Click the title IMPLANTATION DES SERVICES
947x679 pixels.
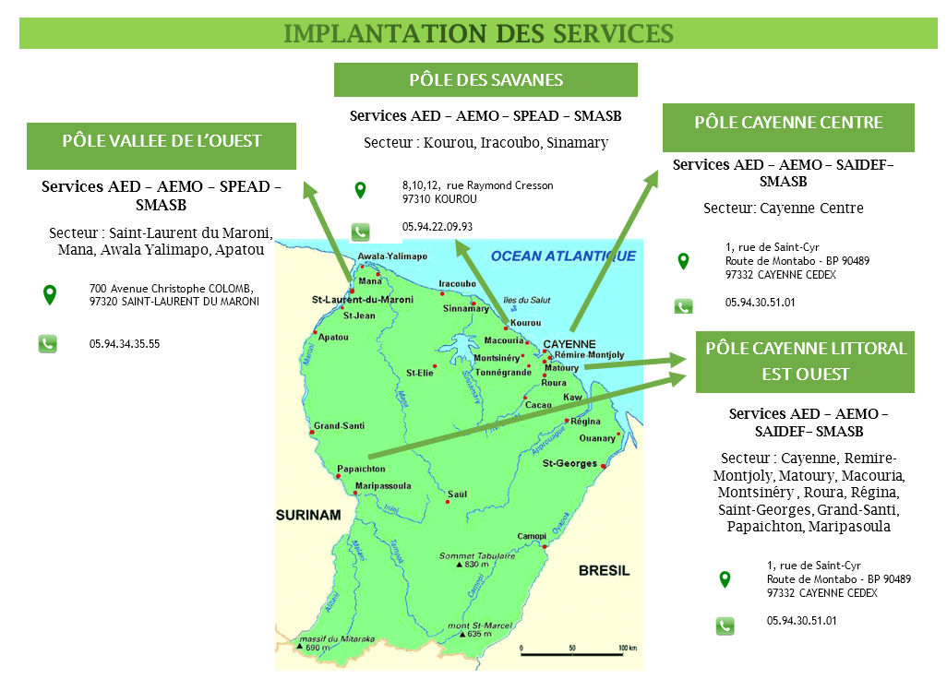[x=478, y=33]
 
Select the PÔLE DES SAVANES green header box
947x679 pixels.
[x=485, y=79]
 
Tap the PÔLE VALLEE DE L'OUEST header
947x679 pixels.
[x=162, y=142]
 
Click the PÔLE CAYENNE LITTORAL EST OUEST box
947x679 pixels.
[x=805, y=362]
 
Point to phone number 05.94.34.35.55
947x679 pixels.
[x=125, y=344]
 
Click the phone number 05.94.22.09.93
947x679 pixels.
[x=438, y=227]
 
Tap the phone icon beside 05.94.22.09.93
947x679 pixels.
[x=360, y=232]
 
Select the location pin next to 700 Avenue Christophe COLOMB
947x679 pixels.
[x=50, y=295]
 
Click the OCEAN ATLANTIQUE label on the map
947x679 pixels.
[x=563, y=256]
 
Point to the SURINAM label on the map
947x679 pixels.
[x=308, y=515]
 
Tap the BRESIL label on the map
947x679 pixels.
[x=604, y=571]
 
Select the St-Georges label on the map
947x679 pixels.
[x=569, y=463]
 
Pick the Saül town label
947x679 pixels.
[x=457, y=494]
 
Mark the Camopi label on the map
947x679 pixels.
[x=532, y=536]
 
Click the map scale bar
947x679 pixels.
[x=572, y=656]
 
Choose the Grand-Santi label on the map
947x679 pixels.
[x=339, y=426]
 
